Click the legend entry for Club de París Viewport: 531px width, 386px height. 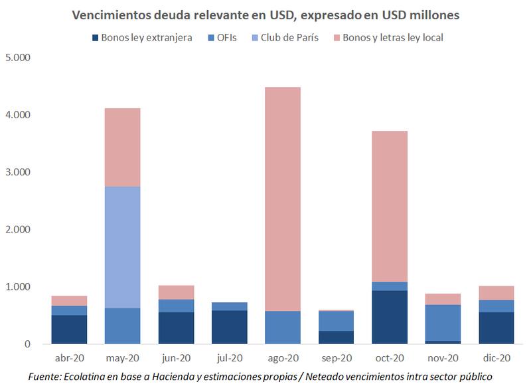pyautogui.click(x=288, y=37)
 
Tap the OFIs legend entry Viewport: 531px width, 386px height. pyautogui.click(x=226, y=37)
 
